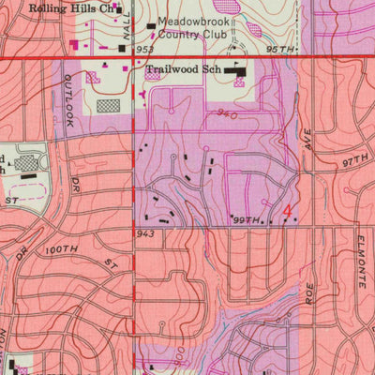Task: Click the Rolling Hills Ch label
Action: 75,8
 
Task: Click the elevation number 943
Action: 144,233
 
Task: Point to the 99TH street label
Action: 245,218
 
